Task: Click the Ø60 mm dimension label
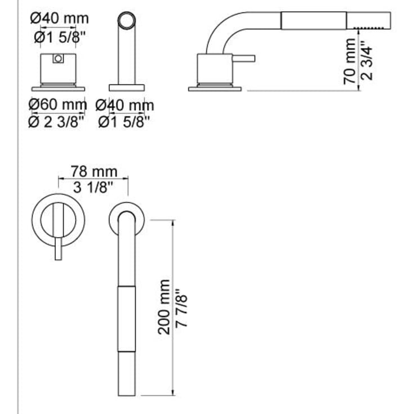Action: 58,105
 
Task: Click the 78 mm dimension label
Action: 94,171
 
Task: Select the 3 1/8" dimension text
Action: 94,186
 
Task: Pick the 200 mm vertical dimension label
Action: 163,306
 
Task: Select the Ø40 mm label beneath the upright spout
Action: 124,105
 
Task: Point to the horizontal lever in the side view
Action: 245,58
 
